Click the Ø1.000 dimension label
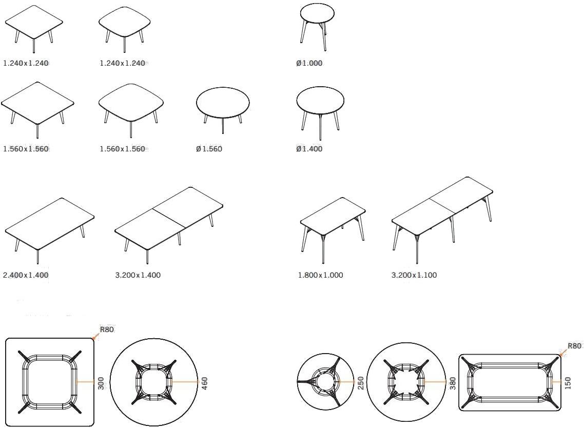(309, 63)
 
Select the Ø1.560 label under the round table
(209, 149)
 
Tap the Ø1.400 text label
(309, 149)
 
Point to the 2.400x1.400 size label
(26, 275)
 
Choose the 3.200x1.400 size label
(138, 275)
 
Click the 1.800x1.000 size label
(320, 275)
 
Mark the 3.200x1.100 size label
(414, 275)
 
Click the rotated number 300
(101, 383)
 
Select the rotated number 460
(204, 383)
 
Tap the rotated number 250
(361, 383)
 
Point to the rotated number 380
(453, 383)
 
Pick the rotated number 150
(568, 383)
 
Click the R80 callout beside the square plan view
(107, 329)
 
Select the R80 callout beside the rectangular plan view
(574, 346)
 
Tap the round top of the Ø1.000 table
(317, 13)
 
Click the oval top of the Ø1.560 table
(223, 103)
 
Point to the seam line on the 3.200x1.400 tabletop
(169, 218)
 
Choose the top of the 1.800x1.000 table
(333, 217)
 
